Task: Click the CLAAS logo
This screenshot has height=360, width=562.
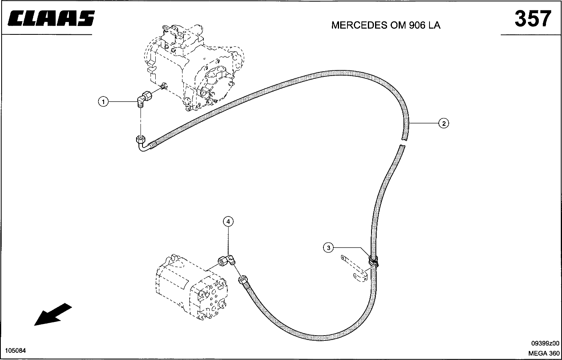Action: (x=51, y=18)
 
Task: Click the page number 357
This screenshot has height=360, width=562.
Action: (x=533, y=18)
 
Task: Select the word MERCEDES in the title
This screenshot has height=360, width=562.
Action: (x=358, y=25)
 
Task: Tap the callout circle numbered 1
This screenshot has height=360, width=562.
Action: (x=103, y=102)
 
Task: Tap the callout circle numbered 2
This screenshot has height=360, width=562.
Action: (x=444, y=123)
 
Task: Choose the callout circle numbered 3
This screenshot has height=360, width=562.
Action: (x=328, y=248)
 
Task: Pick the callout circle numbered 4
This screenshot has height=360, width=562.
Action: (x=228, y=221)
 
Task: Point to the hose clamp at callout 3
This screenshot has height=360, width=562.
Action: (x=373, y=262)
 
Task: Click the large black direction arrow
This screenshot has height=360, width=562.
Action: (x=53, y=314)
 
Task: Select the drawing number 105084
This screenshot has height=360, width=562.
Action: (x=15, y=351)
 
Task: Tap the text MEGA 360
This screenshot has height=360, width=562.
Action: (x=544, y=353)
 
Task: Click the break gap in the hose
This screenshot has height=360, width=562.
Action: (x=402, y=142)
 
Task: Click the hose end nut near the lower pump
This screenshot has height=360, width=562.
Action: (x=243, y=280)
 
